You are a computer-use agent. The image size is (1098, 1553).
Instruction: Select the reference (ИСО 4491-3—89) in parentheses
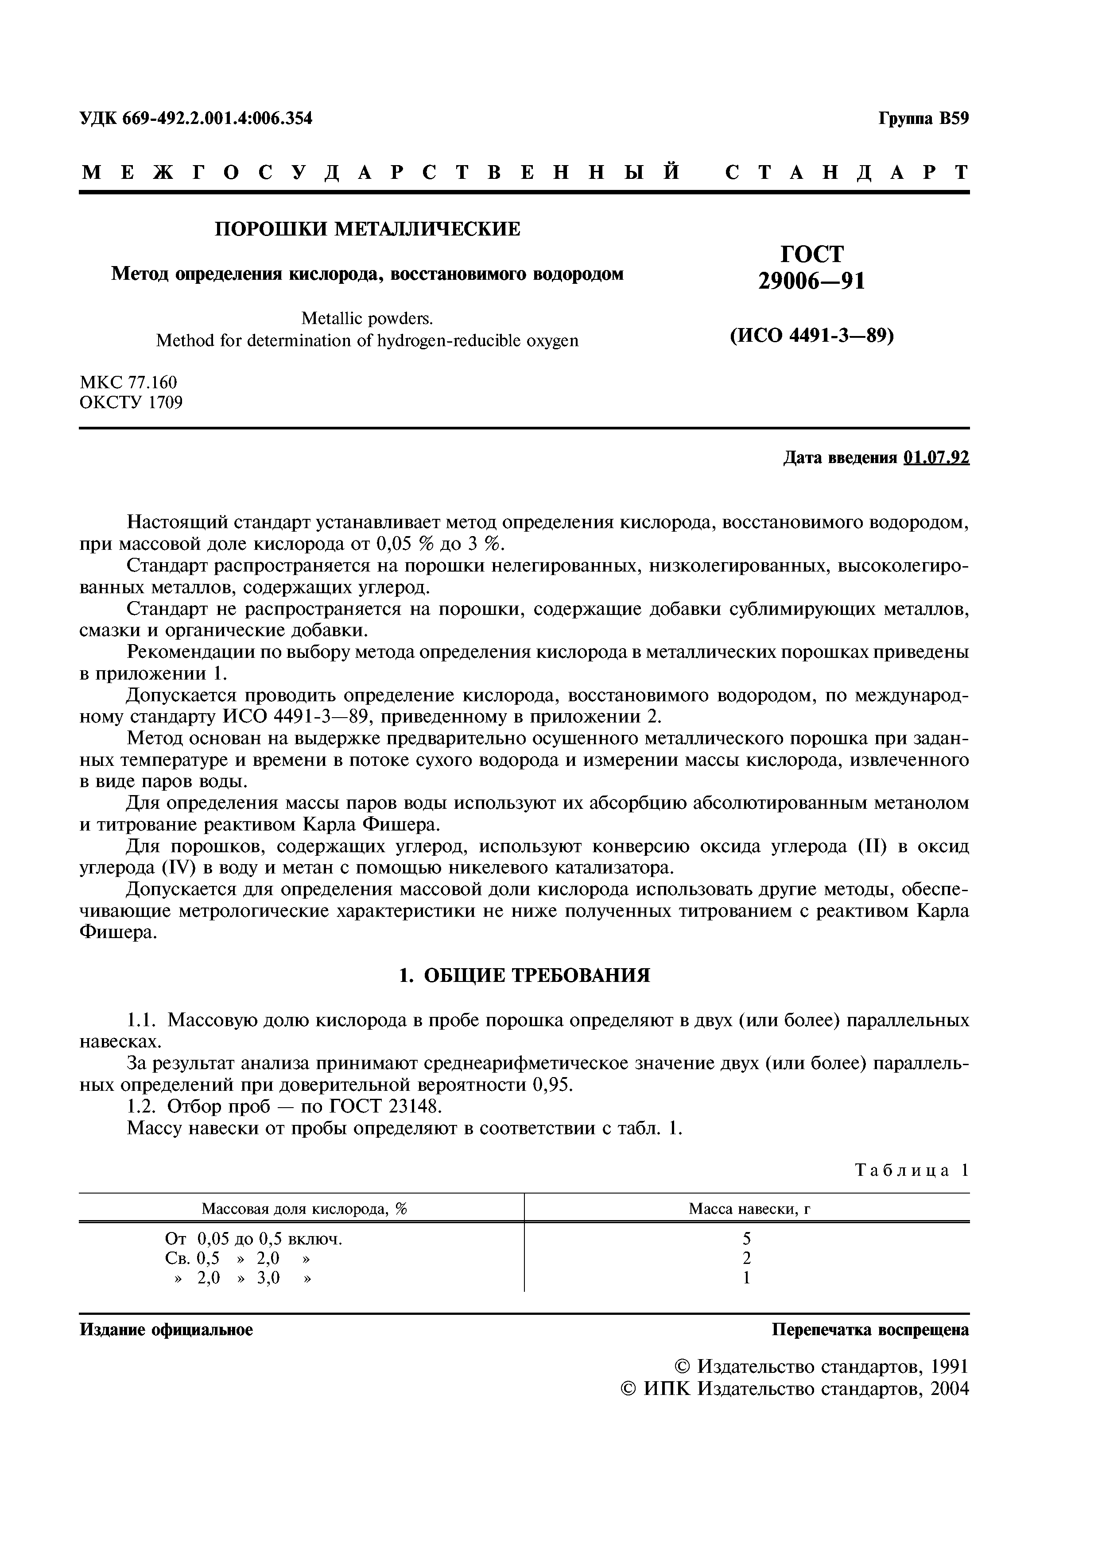coord(812,336)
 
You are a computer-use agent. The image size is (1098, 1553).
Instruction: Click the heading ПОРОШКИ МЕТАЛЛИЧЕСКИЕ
coord(367,229)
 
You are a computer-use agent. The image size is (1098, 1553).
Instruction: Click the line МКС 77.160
coord(128,383)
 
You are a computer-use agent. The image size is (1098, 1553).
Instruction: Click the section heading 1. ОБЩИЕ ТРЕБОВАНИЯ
coord(524,975)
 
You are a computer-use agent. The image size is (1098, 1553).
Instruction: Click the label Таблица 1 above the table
coord(912,1170)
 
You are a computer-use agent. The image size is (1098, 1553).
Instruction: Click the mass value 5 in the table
coord(747,1239)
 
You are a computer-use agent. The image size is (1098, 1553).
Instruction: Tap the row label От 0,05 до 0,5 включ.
coord(254,1239)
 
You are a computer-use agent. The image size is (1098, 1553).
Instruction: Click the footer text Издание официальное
coord(167,1330)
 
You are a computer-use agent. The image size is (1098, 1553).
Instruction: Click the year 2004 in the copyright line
coord(947,1389)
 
